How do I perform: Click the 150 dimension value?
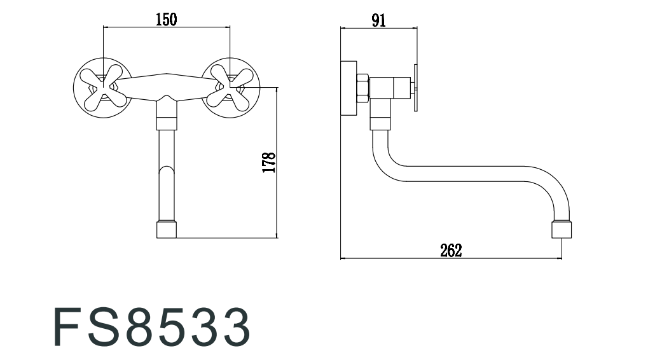(x=166, y=20)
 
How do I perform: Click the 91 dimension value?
(x=378, y=20)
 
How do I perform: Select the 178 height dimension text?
(x=268, y=162)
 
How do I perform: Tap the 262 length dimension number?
(x=451, y=251)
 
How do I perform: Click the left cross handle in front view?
(x=103, y=88)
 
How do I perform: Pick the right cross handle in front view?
(x=230, y=88)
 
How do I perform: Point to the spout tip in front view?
(x=167, y=230)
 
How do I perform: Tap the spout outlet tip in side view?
(x=562, y=230)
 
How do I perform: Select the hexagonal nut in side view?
(x=362, y=88)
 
